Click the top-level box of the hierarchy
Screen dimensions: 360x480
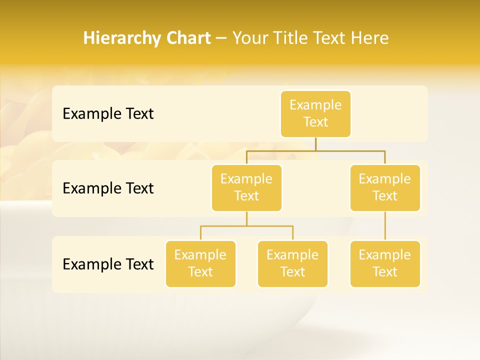click(x=315, y=113)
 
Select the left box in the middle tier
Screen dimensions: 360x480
click(x=246, y=187)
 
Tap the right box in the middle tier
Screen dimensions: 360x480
click(x=385, y=187)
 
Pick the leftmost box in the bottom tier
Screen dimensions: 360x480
click(x=200, y=263)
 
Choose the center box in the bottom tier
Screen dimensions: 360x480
click(x=292, y=263)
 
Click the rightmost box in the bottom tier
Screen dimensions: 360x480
click(x=385, y=263)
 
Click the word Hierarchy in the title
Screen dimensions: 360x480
click(x=121, y=38)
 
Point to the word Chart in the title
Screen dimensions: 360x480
click(x=187, y=38)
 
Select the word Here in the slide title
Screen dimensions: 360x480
click(x=370, y=38)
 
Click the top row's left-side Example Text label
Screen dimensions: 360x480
click(x=108, y=113)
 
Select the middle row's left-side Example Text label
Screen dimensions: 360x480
click(x=108, y=188)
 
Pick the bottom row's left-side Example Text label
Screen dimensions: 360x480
click(x=108, y=264)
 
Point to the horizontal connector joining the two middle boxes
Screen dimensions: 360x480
click(x=315, y=150)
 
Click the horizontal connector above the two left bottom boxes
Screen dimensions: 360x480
click(x=246, y=226)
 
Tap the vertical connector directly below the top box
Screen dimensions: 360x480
click(x=315, y=143)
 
